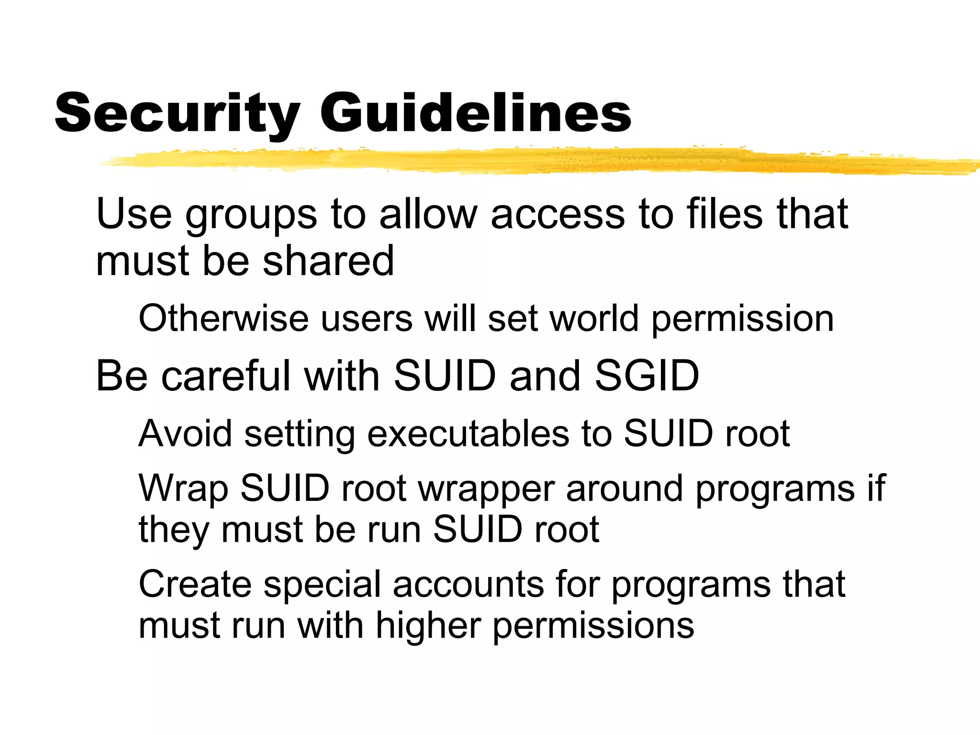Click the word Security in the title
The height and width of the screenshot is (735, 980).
[x=177, y=113]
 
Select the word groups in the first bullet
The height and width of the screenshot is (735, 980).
[x=251, y=215]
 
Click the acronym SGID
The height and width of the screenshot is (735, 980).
[x=646, y=376]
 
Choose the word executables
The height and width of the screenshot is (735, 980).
[x=468, y=434]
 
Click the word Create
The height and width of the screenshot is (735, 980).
[x=195, y=584]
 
